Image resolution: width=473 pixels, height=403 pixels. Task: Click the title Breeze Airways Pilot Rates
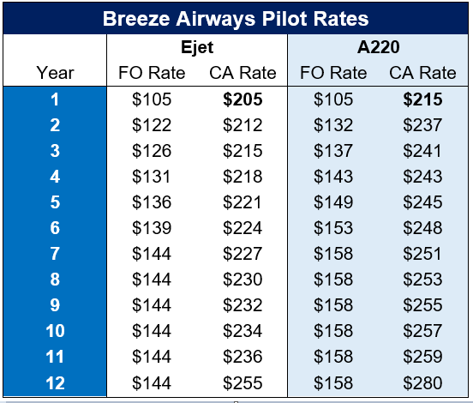[236, 19]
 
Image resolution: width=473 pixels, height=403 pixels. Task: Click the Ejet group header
[197, 48]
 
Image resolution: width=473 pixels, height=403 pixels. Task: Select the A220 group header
[378, 47]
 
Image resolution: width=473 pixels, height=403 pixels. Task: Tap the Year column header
[55, 73]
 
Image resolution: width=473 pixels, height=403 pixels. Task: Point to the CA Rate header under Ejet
[242, 73]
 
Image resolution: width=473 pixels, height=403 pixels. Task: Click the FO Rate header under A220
[333, 73]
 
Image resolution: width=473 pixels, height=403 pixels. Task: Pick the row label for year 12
[55, 382]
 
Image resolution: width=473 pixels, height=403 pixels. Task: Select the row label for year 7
[55, 254]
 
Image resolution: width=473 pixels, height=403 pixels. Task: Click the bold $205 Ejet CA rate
[242, 99]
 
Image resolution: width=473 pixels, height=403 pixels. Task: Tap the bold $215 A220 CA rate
[422, 99]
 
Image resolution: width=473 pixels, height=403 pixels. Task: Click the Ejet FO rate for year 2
[152, 125]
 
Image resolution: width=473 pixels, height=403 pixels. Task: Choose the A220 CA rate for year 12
[422, 382]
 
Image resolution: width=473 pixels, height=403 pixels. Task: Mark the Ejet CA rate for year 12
[242, 382]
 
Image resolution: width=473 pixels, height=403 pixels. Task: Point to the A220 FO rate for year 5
[333, 202]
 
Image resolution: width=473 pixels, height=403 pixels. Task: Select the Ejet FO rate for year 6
[152, 227]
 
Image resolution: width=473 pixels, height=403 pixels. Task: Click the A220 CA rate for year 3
[422, 151]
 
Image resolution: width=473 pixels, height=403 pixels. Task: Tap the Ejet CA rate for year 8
[242, 280]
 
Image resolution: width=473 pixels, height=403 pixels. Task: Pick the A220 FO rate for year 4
[333, 177]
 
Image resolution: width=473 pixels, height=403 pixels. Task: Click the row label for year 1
[55, 99]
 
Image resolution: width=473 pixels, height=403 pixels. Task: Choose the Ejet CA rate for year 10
[242, 331]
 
